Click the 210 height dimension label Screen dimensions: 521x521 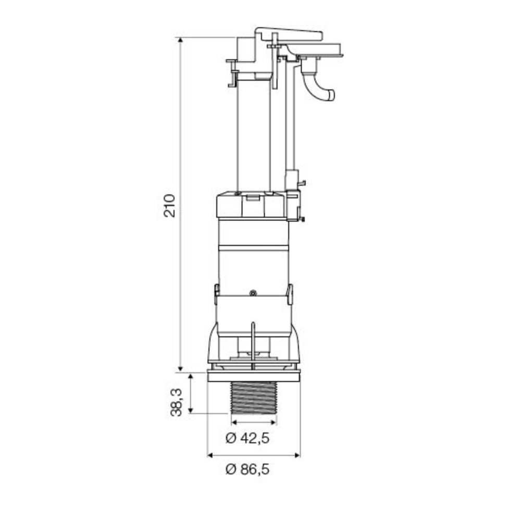coord(169,206)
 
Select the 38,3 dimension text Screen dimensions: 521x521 coord(176,402)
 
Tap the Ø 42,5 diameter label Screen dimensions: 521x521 coord(247,438)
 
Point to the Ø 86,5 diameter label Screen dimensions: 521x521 coord(247,469)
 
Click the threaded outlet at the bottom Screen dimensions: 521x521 coord(254,398)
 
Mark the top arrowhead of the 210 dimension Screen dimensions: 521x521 coord(180,40)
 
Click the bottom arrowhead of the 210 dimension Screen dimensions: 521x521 coord(180,368)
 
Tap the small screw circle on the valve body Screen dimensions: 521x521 coord(253,293)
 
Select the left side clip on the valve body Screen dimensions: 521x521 coord(217,294)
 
